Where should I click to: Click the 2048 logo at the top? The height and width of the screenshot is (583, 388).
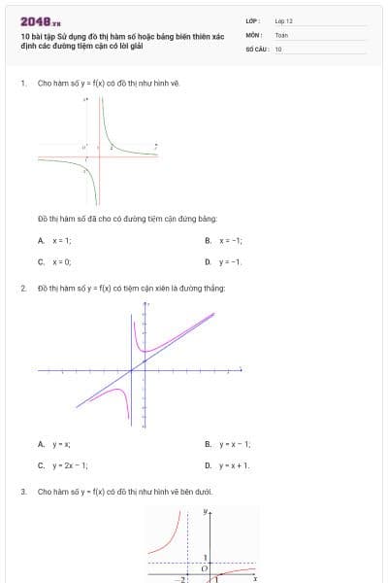pyautogui.click(x=40, y=21)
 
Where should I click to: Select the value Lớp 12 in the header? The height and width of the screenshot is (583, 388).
pyautogui.click(x=283, y=20)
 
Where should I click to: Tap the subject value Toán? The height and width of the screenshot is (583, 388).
pyautogui.click(x=281, y=34)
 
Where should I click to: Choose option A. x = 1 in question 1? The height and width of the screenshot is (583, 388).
pyautogui.click(x=56, y=240)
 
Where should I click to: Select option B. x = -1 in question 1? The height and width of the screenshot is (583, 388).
pyautogui.click(x=223, y=240)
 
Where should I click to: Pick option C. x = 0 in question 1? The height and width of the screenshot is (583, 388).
pyautogui.click(x=56, y=261)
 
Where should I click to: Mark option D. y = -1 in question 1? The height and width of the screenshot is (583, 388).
pyautogui.click(x=223, y=261)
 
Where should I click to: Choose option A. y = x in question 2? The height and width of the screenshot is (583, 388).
pyautogui.click(x=55, y=444)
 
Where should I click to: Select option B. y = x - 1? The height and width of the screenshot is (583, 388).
pyautogui.click(x=228, y=444)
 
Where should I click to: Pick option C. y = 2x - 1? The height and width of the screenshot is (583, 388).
pyautogui.click(x=63, y=464)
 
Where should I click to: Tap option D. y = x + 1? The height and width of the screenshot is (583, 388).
pyautogui.click(x=228, y=464)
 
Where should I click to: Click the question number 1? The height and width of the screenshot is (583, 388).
pyautogui.click(x=22, y=84)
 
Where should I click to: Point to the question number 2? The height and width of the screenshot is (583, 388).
pyautogui.click(x=22, y=289)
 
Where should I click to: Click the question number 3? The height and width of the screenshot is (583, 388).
pyautogui.click(x=22, y=492)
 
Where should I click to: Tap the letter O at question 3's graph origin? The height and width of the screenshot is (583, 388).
pyautogui.click(x=204, y=568)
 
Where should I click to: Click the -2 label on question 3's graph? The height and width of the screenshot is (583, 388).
pyautogui.click(x=180, y=578)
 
